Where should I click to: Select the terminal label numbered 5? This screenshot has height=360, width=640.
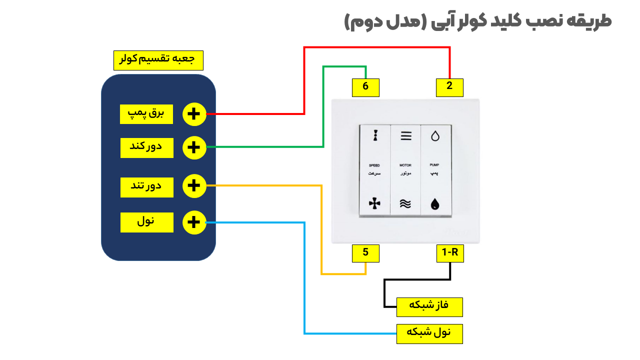coord(365,253)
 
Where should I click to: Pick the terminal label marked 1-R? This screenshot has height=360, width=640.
coord(449,253)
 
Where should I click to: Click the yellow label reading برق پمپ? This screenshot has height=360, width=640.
coord(146,114)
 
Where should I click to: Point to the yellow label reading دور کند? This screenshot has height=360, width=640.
coord(146,147)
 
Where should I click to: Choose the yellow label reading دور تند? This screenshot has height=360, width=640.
coord(146,186)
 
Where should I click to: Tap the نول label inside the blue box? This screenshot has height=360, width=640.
coord(146,222)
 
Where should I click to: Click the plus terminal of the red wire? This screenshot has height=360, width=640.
coord(194,114)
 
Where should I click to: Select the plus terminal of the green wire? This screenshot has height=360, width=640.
coord(194,147)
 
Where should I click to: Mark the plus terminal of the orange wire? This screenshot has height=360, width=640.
coord(194,186)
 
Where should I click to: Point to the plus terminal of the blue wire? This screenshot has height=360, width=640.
coord(194,222)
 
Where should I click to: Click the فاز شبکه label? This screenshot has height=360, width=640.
coord(429,306)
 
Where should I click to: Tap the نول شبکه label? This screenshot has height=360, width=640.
coord(429,333)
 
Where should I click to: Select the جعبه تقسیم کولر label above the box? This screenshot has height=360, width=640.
coord(158,60)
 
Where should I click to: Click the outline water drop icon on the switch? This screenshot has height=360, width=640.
coord(435,136)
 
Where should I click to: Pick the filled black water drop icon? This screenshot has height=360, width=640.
coord(435,204)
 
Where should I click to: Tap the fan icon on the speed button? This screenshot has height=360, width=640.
coord(374,203)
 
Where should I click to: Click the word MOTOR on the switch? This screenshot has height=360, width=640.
coord(405,165)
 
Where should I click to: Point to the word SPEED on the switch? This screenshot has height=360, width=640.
coord(374,165)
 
